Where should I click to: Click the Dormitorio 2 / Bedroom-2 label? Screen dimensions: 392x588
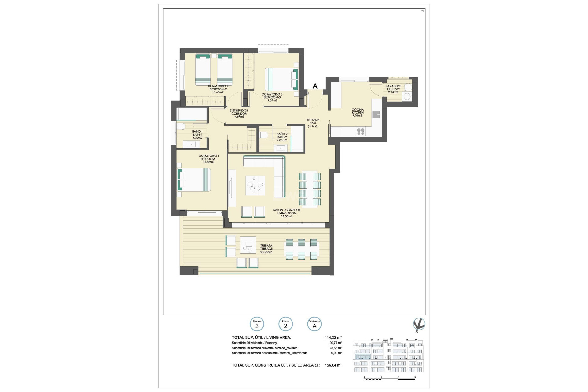click(218, 88)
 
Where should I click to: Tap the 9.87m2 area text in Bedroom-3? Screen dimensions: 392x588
click(272, 100)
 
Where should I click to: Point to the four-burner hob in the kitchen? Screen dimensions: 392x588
click(360, 132)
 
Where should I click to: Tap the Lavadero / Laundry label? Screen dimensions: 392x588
click(393, 88)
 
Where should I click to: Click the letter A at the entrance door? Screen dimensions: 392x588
click(315, 86)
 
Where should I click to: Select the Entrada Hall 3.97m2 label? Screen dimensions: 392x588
click(313, 123)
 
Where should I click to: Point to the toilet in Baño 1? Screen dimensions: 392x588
click(181, 126)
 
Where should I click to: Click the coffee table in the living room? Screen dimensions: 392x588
click(255, 186)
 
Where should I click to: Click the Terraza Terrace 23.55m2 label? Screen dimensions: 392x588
click(266, 249)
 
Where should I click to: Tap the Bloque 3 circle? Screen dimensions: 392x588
click(257, 324)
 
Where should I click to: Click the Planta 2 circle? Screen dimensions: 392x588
click(285, 324)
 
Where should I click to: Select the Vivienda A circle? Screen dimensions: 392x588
click(314, 324)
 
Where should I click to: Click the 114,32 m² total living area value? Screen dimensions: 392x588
click(333, 337)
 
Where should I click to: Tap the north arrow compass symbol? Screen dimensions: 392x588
click(419, 325)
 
